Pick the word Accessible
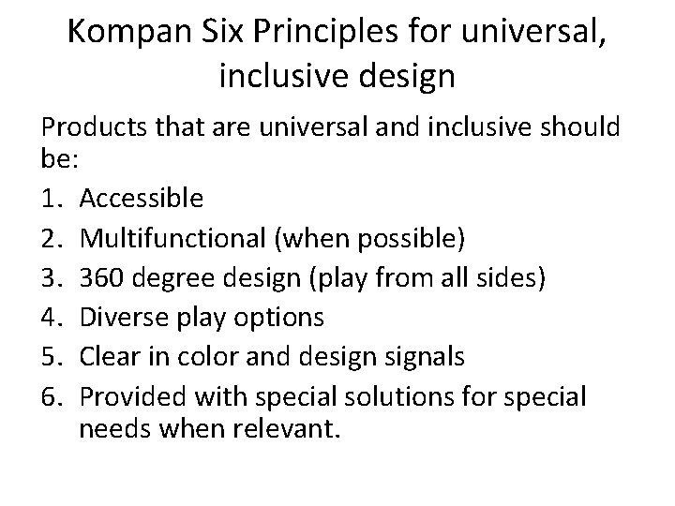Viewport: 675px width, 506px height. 141,198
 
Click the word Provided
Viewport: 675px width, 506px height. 130,397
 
